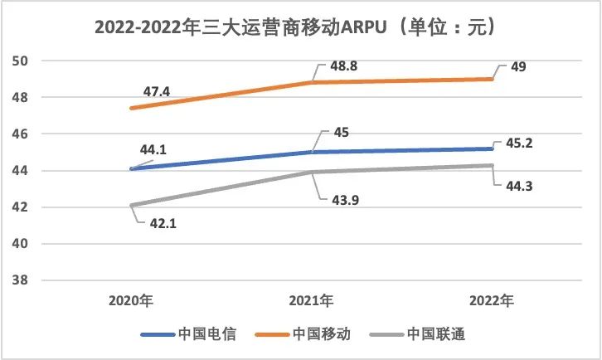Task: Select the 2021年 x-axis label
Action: click(x=313, y=299)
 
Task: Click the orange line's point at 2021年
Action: click(x=313, y=83)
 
